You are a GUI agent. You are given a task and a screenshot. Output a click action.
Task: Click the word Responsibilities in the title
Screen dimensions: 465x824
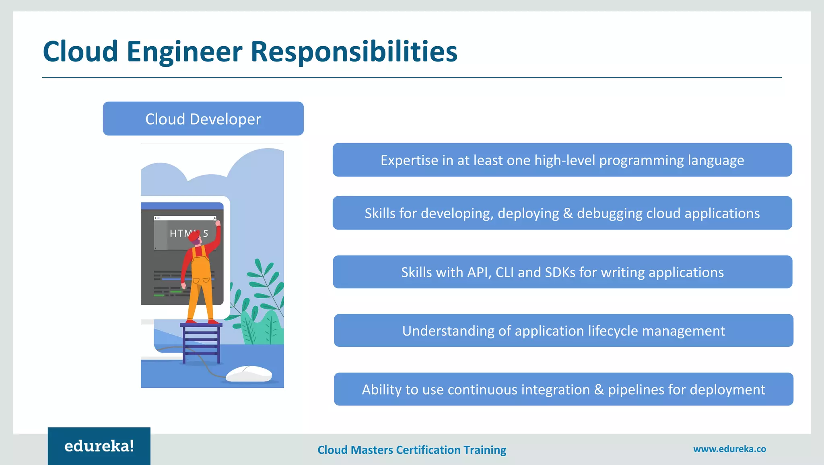pos(354,51)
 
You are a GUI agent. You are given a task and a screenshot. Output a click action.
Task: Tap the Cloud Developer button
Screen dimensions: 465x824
pos(203,119)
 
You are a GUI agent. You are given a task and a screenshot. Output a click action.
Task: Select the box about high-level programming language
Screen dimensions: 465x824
pos(562,160)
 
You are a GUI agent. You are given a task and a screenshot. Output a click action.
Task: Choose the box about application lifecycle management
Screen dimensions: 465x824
pos(563,331)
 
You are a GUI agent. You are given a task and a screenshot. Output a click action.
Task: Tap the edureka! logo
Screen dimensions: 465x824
pos(99,446)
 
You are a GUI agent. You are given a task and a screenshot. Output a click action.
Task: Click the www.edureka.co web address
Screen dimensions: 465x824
pos(729,449)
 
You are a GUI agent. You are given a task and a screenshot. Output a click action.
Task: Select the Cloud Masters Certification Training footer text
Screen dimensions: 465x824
pos(412,450)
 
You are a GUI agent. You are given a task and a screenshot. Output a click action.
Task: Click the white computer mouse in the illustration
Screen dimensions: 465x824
pos(249,374)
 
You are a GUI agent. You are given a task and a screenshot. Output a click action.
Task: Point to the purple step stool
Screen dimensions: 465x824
pos(201,342)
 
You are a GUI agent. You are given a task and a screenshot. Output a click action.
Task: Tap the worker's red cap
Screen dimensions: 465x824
pos(194,236)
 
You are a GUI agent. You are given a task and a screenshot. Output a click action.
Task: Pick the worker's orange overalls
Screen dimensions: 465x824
pos(200,281)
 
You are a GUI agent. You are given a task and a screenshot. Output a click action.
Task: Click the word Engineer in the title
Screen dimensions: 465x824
pos(184,51)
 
